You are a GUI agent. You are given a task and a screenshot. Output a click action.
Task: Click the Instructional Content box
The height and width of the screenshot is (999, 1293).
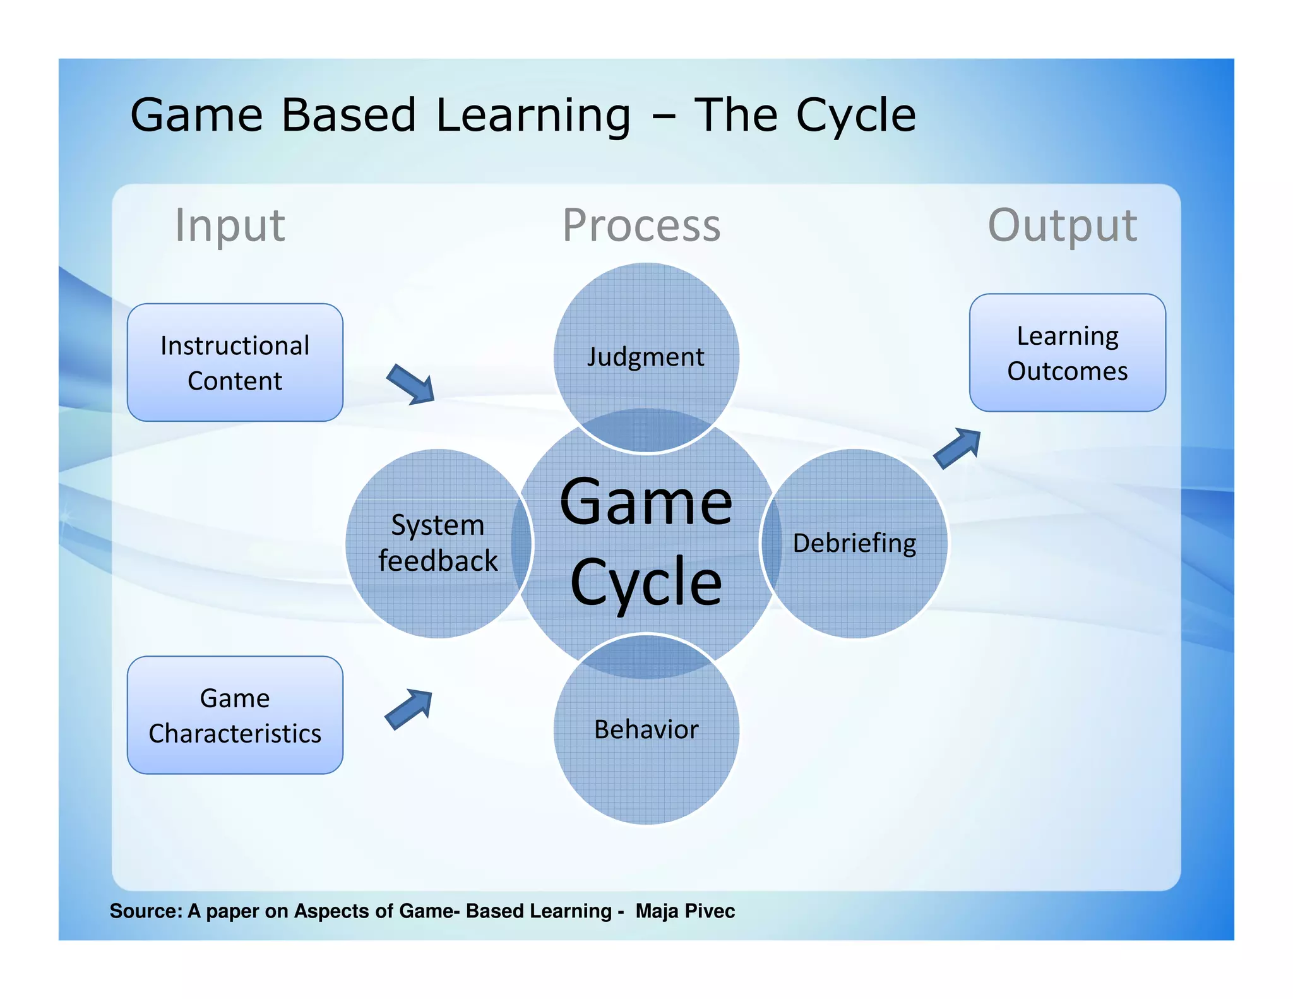pyautogui.click(x=235, y=362)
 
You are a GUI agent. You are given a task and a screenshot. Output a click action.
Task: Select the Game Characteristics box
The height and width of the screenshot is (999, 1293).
pyautogui.click(x=235, y=715)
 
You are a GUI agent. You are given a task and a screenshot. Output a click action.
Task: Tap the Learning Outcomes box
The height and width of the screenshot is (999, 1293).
pyautogui.click(x=1067, y=352)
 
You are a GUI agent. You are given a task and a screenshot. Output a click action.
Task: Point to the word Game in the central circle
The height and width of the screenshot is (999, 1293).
pyautogui.click(x=646, y=502)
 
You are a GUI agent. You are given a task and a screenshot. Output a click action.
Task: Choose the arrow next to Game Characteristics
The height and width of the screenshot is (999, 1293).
pyautogui.click(x=409, y=709)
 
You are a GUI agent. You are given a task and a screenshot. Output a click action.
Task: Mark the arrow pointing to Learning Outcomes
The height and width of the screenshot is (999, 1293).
pyautogui.click(x=957, y=448)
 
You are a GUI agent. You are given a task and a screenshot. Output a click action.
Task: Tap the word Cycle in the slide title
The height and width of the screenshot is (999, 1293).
pyautogui.click(x=855, y=116)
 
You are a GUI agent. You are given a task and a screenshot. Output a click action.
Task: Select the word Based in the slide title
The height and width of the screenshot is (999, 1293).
pyautogui.click(x=349, y=116)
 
